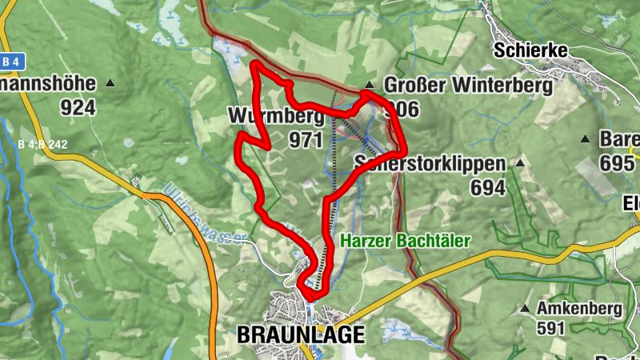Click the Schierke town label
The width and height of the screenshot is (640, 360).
point(530,50)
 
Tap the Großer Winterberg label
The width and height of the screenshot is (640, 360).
point(469,84)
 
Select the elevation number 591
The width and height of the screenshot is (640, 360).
point(551,328)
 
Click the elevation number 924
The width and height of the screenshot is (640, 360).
point(78,107)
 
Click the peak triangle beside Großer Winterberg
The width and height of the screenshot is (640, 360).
point(369,85)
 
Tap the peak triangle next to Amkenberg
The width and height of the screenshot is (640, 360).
point(525,309)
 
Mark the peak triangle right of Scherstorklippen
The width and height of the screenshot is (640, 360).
point(521,163)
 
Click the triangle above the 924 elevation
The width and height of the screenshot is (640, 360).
point(110,83)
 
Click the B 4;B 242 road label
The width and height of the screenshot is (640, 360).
point(41,145)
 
